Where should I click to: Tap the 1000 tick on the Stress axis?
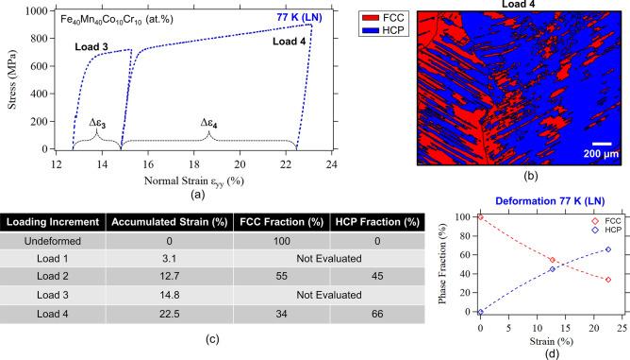pos(39,10)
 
